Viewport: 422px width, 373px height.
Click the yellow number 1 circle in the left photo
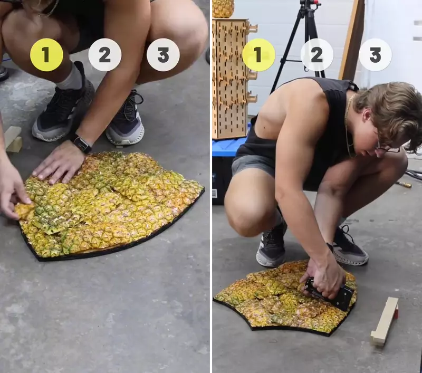coord(46,55)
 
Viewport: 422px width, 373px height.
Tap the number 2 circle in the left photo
coord(105,55)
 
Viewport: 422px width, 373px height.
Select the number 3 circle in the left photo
coord(163,55)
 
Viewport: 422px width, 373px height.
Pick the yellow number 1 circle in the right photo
coord(258,55)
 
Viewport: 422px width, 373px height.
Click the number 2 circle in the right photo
coord(317,55)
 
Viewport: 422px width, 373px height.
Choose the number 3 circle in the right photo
coord(375,55)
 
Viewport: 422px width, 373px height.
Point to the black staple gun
coord(329,294)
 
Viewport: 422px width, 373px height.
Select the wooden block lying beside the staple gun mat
coord(385,320)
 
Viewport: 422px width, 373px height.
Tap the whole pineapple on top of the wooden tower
coord(223,8)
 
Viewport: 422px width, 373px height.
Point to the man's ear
coord(367,116)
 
